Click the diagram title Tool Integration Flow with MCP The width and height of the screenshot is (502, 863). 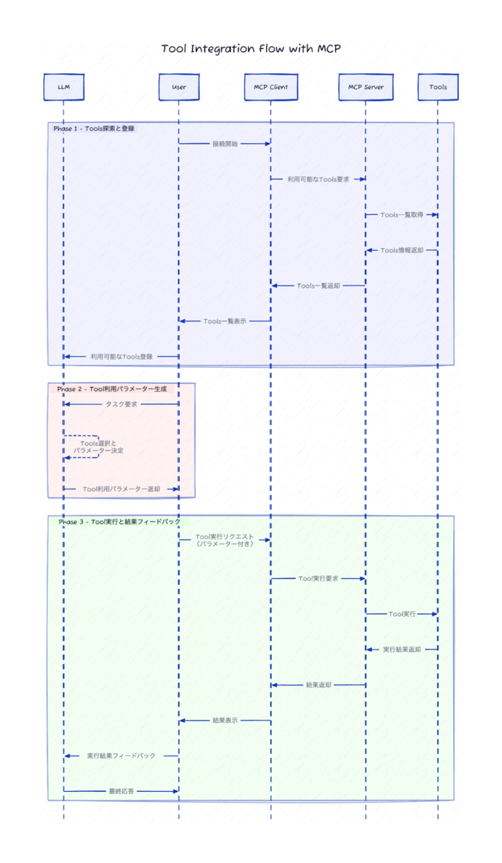tap(251, 49)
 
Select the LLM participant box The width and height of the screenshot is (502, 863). tap(63, 87)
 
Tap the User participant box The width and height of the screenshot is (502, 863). tap(178, 87)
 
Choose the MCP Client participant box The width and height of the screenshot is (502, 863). tap(270, 87)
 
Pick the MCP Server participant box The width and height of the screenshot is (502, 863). tap(365, 87)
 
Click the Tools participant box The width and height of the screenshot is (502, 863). tap(437, 87)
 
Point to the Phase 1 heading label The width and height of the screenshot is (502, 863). tap(93, 129)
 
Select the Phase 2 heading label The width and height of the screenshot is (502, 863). tap(111, 388)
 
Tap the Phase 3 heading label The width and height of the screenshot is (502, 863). tap(119, 521)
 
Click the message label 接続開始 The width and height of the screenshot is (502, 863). tap(225, 144)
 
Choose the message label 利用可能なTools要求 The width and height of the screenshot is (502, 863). tap(318, 179)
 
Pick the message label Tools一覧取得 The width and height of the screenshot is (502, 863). tap(401, 215)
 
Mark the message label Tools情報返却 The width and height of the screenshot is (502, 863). tap(401, 250)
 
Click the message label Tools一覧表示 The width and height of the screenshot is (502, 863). tap(224, 321)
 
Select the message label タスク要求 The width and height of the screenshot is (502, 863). tap(121, 404)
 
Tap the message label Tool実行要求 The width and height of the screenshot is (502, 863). tap(318, 578)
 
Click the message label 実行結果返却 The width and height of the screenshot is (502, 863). tap(401, 649)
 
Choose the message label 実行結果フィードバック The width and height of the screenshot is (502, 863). tap(121, 756)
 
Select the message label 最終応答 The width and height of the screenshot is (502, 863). tap(121, 791)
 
